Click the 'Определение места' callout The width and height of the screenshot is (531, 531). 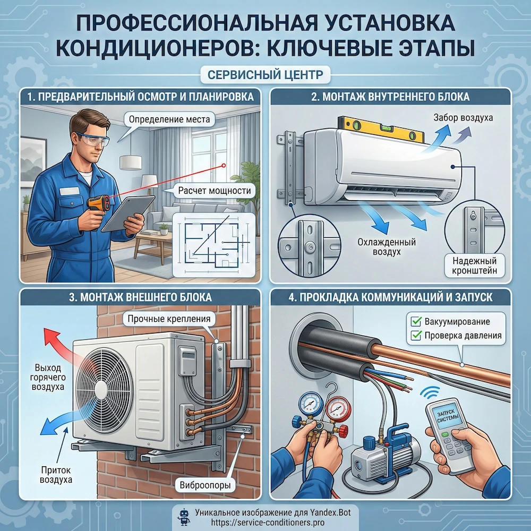coord(169,119)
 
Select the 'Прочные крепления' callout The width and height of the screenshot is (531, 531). coord(169,319)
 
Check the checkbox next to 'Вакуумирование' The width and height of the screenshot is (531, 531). coord(416,321)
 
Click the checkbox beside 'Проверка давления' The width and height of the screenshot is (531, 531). coord(416,336)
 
